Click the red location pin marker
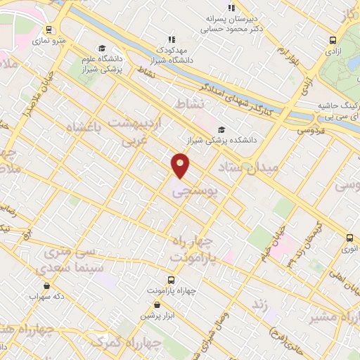[181, 166]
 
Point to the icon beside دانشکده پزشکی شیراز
[222, 129]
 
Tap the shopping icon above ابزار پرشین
[155, 305]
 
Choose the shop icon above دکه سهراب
[46, 285]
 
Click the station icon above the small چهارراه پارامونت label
[169, 279]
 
